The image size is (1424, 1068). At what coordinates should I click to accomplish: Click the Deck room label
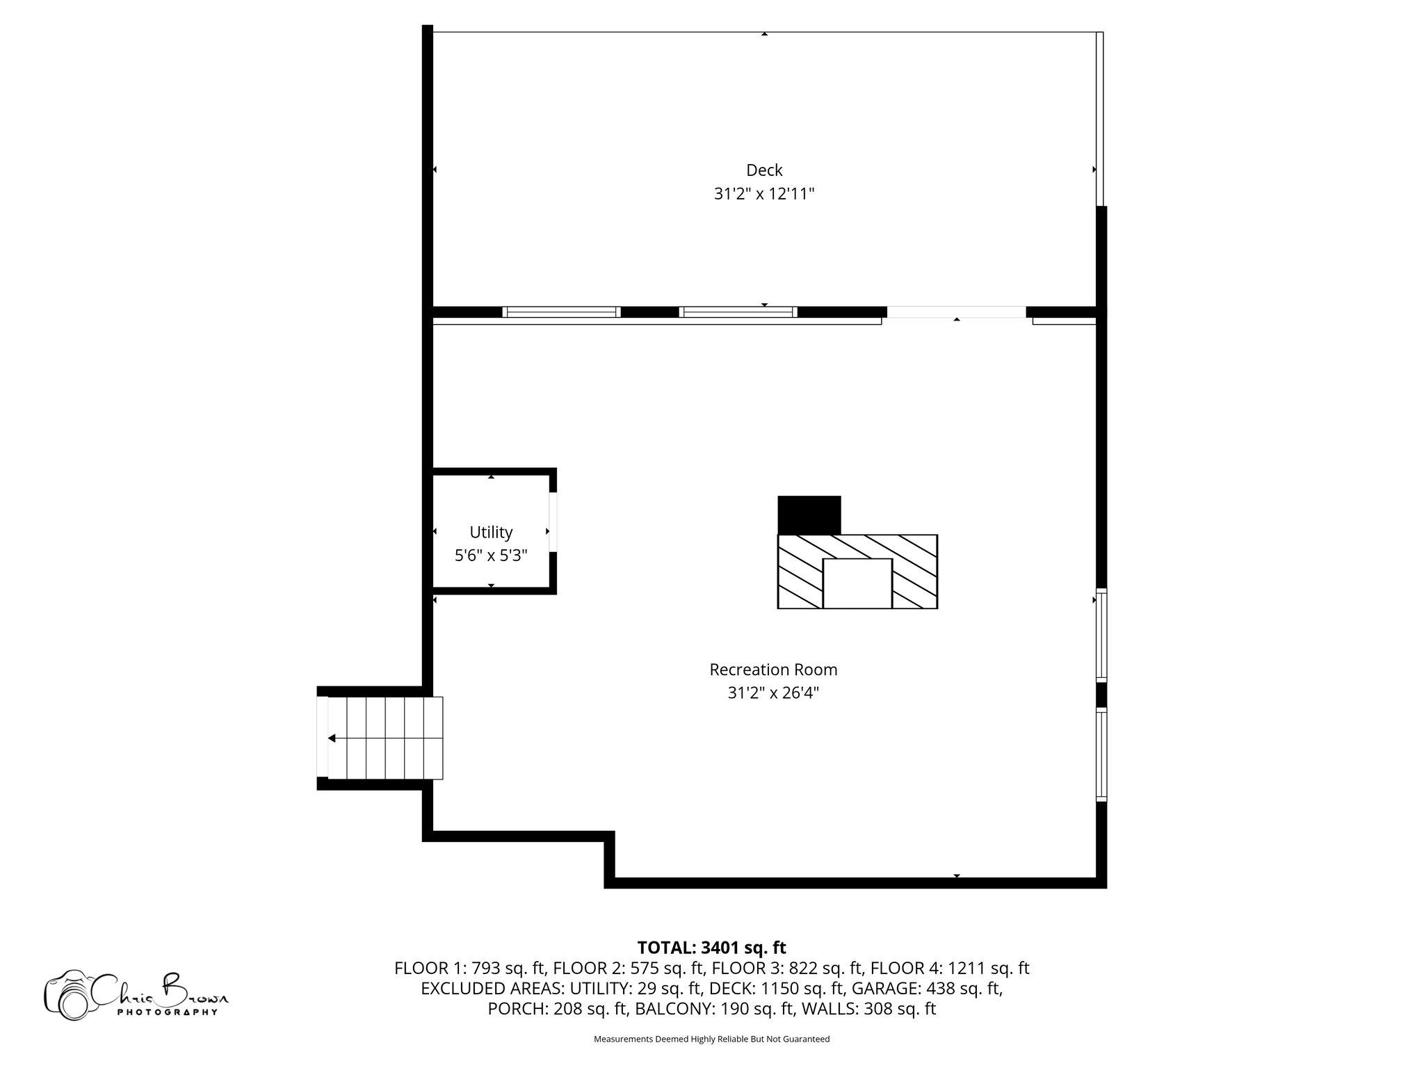pos(764,170)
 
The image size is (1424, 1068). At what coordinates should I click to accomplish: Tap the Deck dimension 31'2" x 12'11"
pos(764,194)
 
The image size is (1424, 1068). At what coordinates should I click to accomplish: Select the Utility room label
pos(491,533)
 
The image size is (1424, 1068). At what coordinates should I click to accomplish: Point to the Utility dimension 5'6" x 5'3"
pos(491,556)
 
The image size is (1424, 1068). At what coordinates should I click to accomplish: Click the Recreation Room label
pos(773,670)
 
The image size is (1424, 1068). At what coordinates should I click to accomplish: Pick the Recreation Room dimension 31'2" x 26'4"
pos(773,693)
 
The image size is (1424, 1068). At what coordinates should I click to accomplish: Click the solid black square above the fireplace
pos(809,515)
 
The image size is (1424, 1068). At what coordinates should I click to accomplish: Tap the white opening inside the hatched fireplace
pos(857,583)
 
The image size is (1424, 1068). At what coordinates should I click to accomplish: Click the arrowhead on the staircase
pos(332,738)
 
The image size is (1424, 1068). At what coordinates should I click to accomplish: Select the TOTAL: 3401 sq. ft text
pos(712,948)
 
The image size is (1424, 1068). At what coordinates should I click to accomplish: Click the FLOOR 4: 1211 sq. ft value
pos(950,968)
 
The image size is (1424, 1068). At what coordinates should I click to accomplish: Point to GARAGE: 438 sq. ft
pos(928,988)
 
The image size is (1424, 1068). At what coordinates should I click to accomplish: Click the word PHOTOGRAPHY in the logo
pos(168,1012)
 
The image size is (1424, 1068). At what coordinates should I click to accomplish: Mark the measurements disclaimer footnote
pos(712,1039)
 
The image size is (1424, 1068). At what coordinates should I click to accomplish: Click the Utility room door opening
pos(553,522)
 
